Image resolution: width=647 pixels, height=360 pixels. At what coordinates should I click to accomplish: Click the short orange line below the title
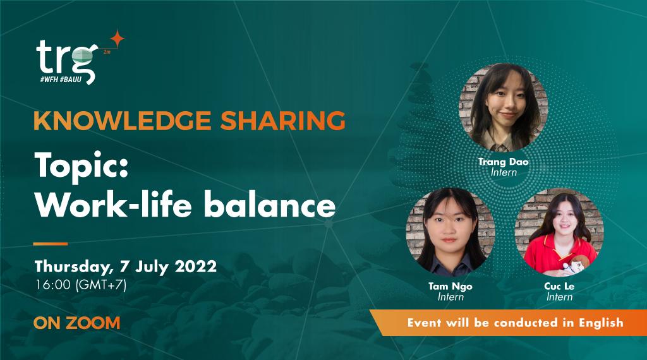pyautogui.click(x=51, y=243)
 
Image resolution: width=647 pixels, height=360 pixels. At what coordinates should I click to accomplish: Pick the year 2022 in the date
pyautogui.click(x=193, y=265)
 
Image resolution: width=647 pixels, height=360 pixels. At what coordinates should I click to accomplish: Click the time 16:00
pyautogui.click(x=53, y=285)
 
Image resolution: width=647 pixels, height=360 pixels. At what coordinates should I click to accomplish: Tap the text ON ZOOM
pyautogui.click(x=77, y=323)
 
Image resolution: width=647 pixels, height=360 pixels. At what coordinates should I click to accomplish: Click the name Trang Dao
pyautogui.click(x=504, y=162)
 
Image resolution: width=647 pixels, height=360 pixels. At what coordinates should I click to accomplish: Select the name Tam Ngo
pyautogui.click(x=450, y=287)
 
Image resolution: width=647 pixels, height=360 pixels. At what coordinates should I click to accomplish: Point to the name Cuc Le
pyautogui.click(x=559, y=287)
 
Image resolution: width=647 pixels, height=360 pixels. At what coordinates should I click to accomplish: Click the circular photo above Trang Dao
pyautogui.click(x=503, y=106)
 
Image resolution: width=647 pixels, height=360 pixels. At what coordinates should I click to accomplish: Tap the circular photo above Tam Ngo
pyautogui.click(x=450, y=232)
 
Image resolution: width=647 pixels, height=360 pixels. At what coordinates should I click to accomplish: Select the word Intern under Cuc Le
pyautogui.click(x=559, y=297)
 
